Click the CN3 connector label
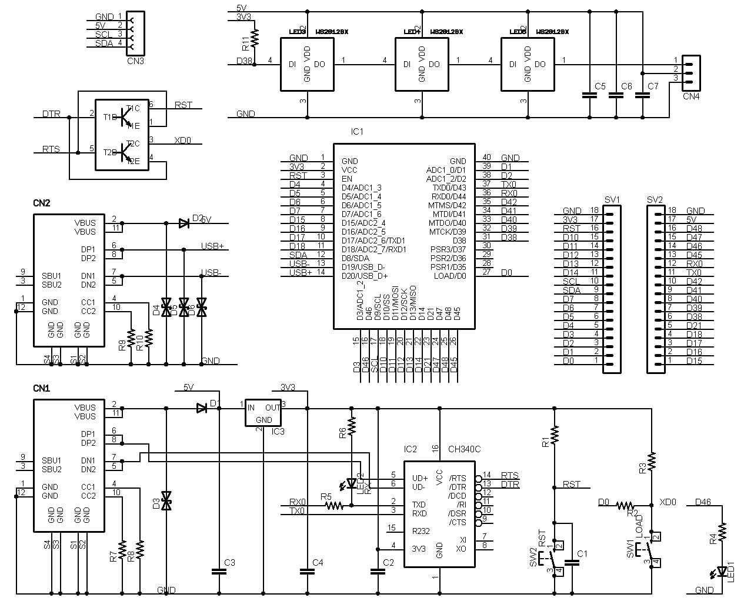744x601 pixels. coord(135,60)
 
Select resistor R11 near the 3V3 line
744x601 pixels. coord(254,38)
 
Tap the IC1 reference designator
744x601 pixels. coord(357,132)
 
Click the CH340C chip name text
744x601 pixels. coord(464,449)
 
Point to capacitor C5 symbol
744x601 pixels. coord(586,95)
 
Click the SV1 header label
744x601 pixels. coord(612,199)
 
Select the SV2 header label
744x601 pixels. coord(655,199)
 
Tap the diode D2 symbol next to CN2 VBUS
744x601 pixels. coord(184,223)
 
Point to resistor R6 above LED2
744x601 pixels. coord(351,424)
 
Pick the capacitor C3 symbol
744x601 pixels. coord(219,570)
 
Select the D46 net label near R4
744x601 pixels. coord(703,502)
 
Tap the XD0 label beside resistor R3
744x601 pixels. coord(668,502)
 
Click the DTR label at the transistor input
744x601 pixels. coord(51,113)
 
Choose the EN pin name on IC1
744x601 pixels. coord(346,179)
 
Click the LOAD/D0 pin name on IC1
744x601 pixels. coord(450,276)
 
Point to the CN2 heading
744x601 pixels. coord(41,203)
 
